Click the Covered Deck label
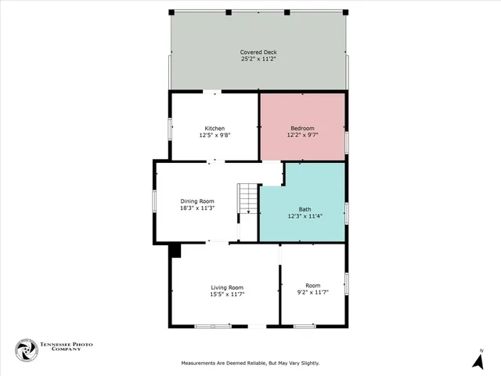click(258, 52)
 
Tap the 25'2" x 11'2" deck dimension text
click(258, 59)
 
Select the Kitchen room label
click(214, 128)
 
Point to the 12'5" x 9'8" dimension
click(214, 135)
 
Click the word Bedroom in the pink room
click(302, 128)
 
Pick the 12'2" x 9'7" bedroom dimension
click(302, 135)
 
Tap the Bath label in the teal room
click(305, 209)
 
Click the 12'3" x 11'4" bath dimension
click(305, 215)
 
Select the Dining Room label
click(197, 201)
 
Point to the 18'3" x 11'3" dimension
click(197, 208)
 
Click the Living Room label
click(227, 287)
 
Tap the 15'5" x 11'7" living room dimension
click(227, 294)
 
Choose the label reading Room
click(313, 285)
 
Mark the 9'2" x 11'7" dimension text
click(313, 291)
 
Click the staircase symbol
click(248, 198)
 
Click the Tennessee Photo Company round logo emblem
click(27, 350)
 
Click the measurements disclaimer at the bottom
click(250, 363)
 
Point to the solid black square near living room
click(175, 250)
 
